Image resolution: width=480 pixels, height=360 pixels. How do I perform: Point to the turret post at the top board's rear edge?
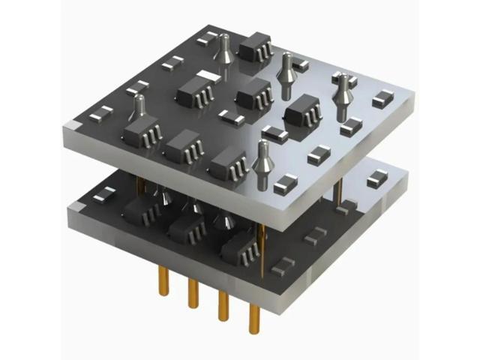point(223,48)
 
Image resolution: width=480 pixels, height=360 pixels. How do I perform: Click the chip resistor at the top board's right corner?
point(382,98)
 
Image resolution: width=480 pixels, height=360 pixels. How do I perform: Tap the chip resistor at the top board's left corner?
point(100,114)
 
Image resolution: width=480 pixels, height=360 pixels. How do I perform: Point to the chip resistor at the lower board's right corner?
point(377,178)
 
